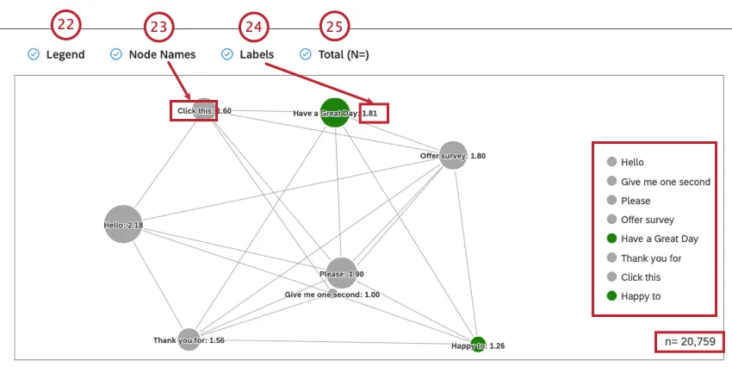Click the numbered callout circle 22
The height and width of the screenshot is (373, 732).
tap(65, 25)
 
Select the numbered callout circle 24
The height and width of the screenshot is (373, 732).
tap(252, 27)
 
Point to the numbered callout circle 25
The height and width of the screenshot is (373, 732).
tap(333, 26)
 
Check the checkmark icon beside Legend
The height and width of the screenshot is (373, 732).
tap(34, 54)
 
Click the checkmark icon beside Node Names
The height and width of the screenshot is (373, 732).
tap(116, 54)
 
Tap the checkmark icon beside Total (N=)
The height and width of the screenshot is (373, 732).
tap(305, 54)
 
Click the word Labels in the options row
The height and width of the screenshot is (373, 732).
tap(257, 54)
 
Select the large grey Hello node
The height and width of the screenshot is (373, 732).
tap(123, 224)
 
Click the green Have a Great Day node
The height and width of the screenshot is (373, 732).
tap(334, 112)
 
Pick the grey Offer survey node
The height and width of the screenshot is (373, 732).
tap(452, 155)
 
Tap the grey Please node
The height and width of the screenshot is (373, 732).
tap(341, 273)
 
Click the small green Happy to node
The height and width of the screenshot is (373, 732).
tap(478, 345)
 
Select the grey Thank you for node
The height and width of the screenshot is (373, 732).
tap(189, 339)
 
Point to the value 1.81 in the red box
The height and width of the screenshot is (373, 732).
tap(374, 113)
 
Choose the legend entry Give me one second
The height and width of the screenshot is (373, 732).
tap(665, 181)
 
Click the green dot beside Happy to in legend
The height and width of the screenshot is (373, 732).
tap(611, 296)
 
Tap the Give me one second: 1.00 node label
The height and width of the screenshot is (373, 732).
tap(332, 294)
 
